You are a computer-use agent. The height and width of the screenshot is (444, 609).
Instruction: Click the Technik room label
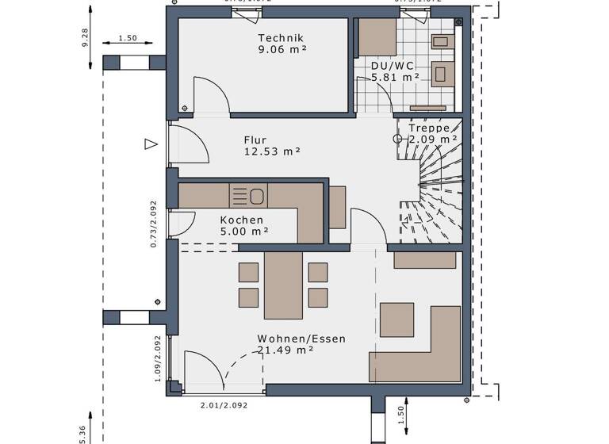coord(281,38)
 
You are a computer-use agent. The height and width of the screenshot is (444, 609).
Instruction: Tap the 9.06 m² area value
coord(281,49)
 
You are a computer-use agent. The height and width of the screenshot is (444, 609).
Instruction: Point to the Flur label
coord(255,140)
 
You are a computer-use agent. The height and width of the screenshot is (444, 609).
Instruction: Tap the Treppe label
coord(429,128)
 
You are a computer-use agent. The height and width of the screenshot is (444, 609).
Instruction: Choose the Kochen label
coord(242,220)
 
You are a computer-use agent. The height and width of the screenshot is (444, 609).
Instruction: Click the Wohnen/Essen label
coord(301,339)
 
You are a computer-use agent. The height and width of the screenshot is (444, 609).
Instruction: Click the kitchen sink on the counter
coord(256,195)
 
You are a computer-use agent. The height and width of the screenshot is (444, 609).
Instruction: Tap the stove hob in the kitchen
coord(239,195)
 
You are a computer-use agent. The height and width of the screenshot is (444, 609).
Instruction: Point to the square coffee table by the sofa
coord(396,320)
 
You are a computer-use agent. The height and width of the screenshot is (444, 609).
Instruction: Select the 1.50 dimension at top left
coord(127,38)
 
